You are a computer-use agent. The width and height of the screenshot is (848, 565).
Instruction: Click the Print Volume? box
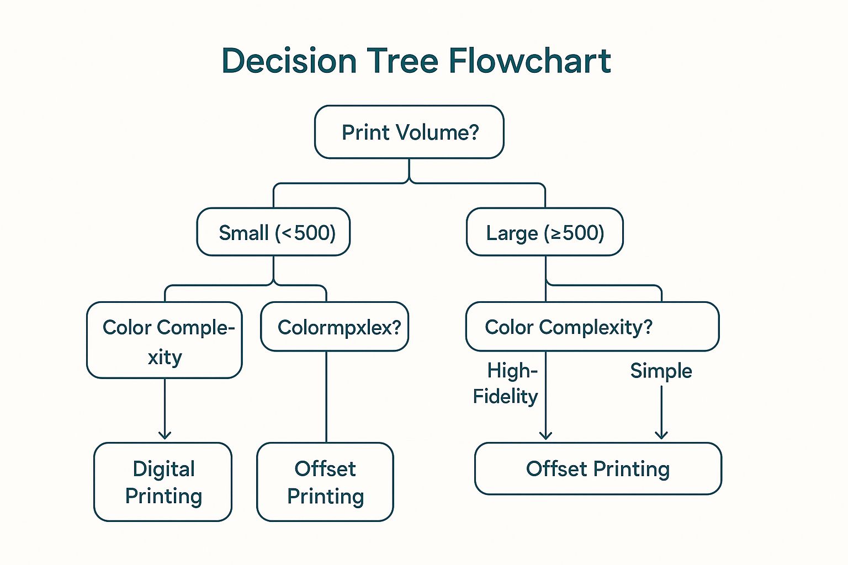409,132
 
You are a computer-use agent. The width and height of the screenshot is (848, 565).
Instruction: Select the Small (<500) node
274,232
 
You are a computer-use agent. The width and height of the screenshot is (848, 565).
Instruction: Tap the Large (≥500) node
545,232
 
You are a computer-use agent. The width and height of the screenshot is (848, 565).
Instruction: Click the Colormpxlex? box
335,327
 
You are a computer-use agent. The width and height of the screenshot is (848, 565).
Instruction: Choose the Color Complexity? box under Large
592,327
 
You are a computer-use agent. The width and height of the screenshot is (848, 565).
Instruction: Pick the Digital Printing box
163,482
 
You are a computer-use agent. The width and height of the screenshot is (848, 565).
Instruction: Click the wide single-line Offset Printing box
598,468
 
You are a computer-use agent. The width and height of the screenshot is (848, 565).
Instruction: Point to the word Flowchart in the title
529,61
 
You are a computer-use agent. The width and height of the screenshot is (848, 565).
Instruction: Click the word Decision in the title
289,61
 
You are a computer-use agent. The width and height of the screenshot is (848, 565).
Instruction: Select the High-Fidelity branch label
506,383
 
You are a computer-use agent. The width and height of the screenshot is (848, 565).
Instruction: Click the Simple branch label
661,371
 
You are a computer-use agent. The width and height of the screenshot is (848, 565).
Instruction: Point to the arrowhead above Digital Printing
165,435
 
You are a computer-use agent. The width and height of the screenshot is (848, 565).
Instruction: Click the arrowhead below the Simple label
661,435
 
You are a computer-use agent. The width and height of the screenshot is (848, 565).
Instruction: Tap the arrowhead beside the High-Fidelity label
545,435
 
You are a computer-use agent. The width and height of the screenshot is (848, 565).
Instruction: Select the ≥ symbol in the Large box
556,233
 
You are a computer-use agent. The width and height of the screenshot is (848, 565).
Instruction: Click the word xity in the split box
165,357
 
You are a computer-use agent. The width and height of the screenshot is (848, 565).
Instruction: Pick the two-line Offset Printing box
325,482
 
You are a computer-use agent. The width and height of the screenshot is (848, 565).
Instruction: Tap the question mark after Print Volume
473,132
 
